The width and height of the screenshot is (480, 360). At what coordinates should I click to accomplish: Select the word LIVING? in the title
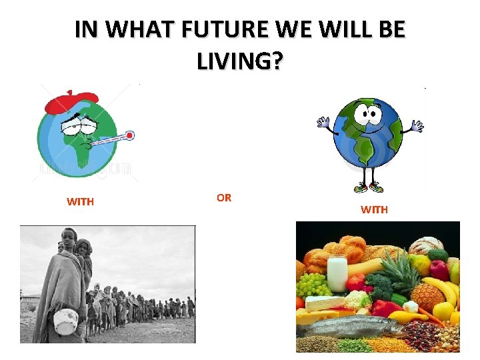pyautogui.click(x=240, y=62)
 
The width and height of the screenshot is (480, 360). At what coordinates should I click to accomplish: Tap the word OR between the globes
pyautogui.click(x=224, y=197)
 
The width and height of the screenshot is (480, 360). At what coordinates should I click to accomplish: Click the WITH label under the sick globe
pyautogui.click(x=80, y=201)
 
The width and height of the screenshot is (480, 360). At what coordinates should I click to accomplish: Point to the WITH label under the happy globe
pyautogui.click(x=374, y=209)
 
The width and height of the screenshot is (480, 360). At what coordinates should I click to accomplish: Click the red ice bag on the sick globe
pyautogui.click(x=69, y=102)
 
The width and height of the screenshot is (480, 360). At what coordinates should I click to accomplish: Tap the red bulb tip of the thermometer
pyautogui.click(x=129, y=135)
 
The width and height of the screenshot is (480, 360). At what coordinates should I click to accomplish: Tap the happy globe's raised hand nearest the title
pyautogui.click(x=324, y=122)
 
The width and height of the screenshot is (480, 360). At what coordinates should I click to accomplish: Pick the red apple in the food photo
pyautogui.click(x=439, y=269)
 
